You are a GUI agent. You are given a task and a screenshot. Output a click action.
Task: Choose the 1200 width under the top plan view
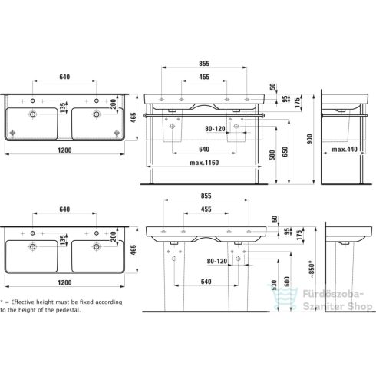tap(64, 150)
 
